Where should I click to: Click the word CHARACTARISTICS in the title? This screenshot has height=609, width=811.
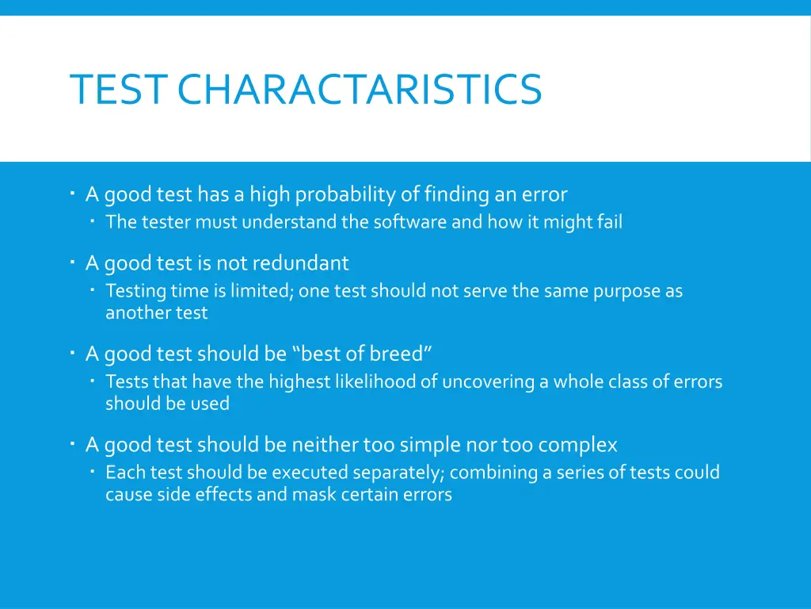click(x=360, y=89)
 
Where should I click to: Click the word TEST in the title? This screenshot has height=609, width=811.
click(x=116, y=89)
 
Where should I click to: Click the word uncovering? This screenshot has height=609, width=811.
click(x=488, y=382)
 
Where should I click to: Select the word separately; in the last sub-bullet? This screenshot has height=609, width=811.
click(x=399, y=473)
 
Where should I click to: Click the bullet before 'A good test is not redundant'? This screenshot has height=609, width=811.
click(x=72, y=261)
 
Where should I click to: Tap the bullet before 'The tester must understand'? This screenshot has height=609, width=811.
click(x=93, y=221)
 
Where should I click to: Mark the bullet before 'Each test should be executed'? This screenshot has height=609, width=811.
click(x=93, y=472)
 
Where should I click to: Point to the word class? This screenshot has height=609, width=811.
click(x=629, y=382)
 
